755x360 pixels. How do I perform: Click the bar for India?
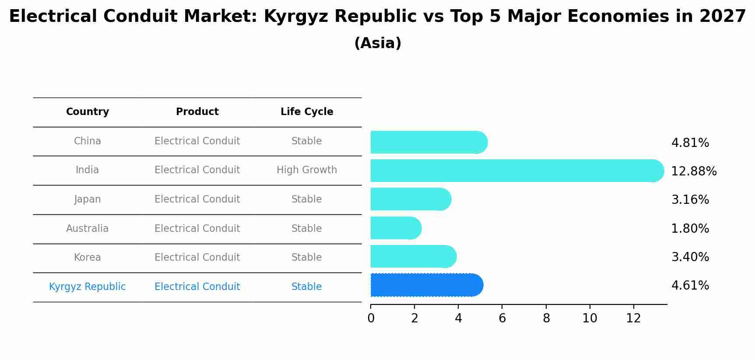[516, 171]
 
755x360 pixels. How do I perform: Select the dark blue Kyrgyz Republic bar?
[427, 285]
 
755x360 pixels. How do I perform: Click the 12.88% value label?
[694, 171]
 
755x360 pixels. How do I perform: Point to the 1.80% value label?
[690, 229]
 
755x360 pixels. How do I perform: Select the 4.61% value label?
[690, 286]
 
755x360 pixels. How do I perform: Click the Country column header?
[88, 112]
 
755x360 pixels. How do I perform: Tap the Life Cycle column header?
[307, 112]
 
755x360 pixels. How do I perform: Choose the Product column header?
[197, 112]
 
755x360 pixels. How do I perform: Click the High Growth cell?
[307, 170]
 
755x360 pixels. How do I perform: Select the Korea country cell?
[88, 258]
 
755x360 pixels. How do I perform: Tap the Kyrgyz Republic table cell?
[88, 287]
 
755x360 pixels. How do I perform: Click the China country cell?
[88, 141]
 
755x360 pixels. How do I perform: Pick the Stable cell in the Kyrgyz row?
[307, 287]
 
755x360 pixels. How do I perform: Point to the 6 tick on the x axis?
[502, 318]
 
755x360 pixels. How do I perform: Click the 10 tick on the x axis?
[590, 318]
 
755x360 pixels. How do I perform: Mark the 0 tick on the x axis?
[371, 318]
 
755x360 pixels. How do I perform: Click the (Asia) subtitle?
[377, 43]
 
